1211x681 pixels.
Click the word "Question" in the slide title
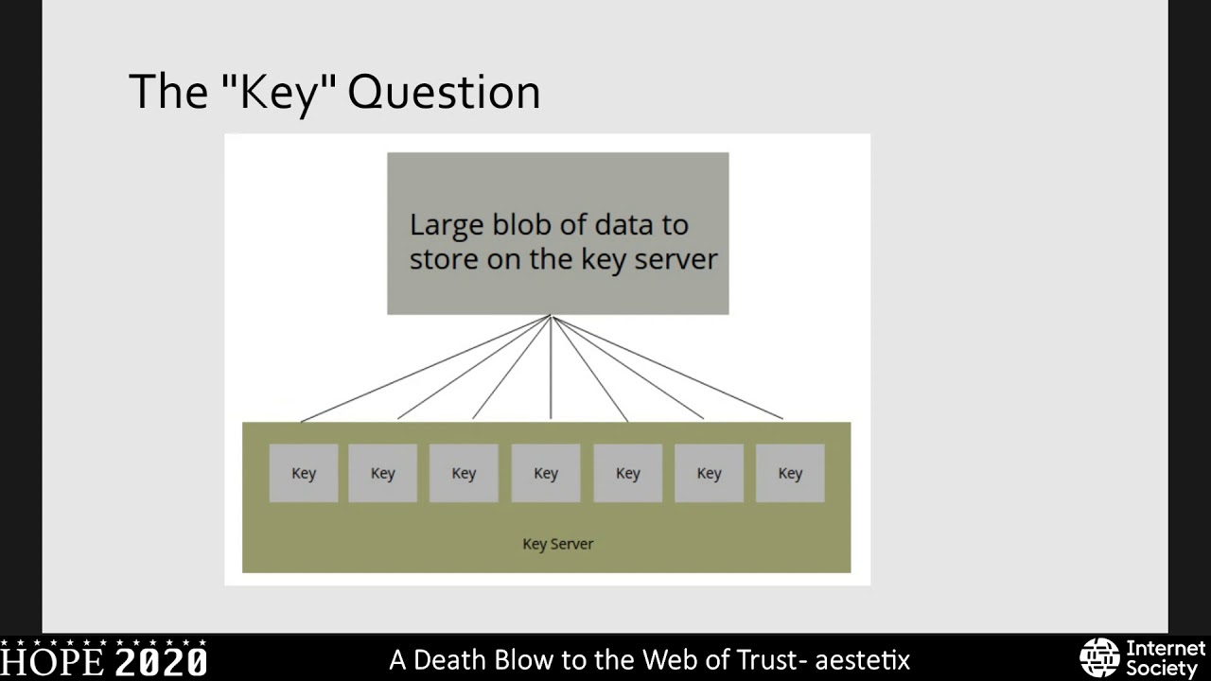coord(444,93)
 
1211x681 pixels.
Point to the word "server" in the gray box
coord(676,258)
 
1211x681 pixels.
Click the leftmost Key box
coord(304,473)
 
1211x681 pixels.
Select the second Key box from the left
coord(382,473)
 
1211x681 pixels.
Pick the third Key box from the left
coord(464,473)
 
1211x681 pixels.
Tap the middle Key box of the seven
coord(546,473)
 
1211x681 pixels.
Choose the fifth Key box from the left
coord(627,473)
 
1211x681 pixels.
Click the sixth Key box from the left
coord(709,473)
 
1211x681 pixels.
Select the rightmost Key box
coord(790,473)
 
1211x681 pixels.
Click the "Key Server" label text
coord(557,544)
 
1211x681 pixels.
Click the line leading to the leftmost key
coord(426,369)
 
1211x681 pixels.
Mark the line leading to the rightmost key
coord(667,368)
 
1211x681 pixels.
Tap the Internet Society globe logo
coord(1099,657)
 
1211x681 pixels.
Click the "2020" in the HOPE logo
coord(161,661)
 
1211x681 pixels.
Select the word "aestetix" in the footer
coord(862,659)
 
